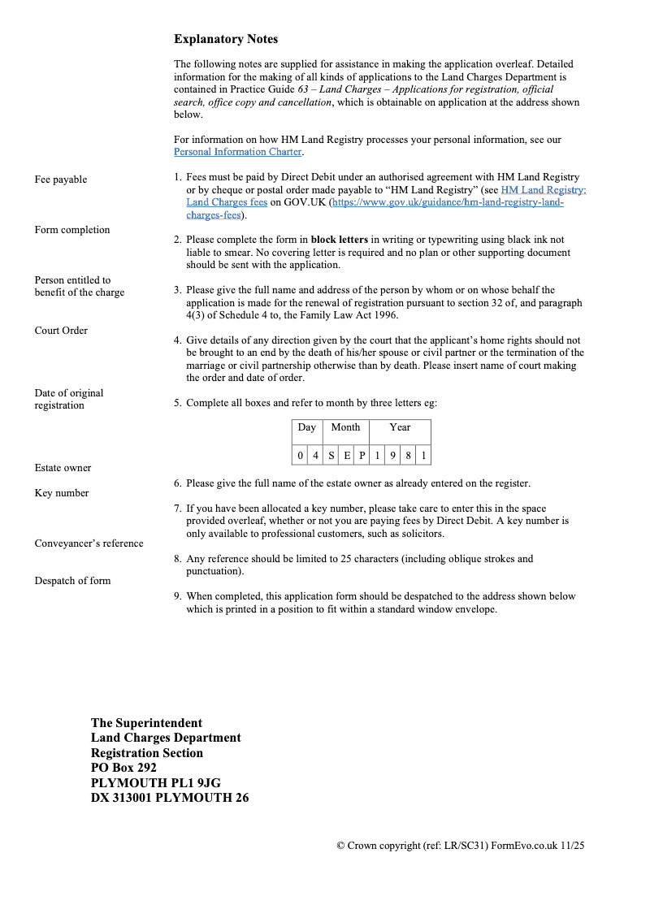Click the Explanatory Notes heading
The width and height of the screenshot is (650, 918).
[226, 39]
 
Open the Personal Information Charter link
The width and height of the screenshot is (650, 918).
[237, 152]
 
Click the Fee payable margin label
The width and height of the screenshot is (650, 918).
[61, 180]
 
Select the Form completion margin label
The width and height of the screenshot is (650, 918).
[72, 230]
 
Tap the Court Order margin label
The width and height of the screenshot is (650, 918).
[61, 331]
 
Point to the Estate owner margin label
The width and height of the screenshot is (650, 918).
[63, 468]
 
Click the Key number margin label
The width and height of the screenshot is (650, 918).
[62, 493]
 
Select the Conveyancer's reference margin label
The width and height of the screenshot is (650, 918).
[89, 543]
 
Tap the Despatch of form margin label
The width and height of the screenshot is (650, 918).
[72, 581]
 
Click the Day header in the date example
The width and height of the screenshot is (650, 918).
[306, 427]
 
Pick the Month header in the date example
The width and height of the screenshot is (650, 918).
[345, 427]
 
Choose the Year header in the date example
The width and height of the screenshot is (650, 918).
[400, 427]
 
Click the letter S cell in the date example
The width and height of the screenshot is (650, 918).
[331, 455]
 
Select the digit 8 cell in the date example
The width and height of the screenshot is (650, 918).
[408, 455]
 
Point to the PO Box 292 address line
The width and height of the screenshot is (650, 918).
[123, 768]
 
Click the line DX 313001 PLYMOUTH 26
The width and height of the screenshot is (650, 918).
[170, 798]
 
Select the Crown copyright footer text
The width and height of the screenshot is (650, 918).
[460, 846]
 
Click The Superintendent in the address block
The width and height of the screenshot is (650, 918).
[146, 723]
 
